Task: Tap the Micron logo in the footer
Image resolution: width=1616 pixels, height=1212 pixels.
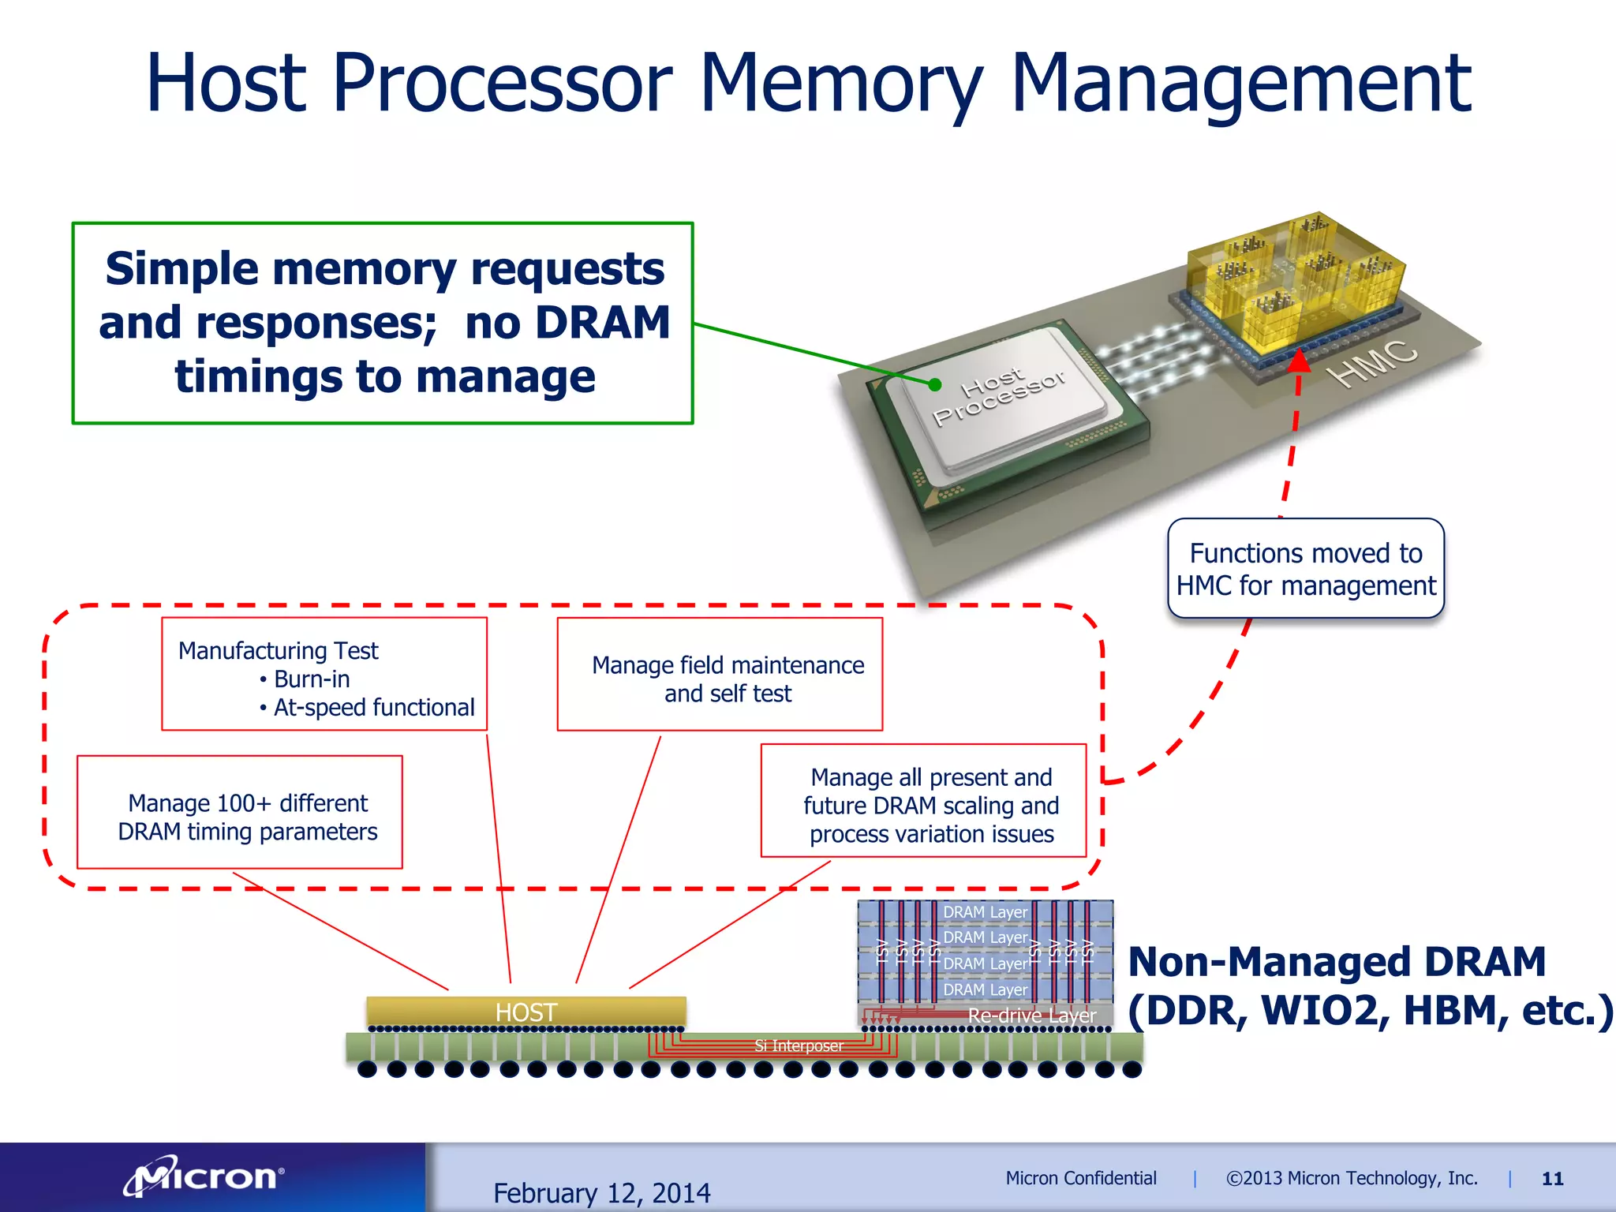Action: (204, 1178)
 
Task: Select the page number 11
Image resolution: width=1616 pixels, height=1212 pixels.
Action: (1552, 1179)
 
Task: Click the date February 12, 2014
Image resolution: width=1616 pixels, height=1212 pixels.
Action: (601, 1192)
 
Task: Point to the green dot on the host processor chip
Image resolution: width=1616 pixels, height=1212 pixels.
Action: (935, 385)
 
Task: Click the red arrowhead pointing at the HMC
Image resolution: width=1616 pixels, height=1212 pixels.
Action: (1299, 361)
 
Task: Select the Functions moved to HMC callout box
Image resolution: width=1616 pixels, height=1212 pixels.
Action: (1305, 569)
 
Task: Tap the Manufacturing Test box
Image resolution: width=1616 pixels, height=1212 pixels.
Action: (324, 674)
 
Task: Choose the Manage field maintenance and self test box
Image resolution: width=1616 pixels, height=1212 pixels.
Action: (720, 675)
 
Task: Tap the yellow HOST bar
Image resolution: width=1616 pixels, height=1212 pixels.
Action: (526, 1012)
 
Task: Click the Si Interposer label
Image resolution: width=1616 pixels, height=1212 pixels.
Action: (799, 1046)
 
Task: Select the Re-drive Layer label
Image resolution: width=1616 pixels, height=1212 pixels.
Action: (1031, 1016)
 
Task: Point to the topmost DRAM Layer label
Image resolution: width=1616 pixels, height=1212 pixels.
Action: (985, 912)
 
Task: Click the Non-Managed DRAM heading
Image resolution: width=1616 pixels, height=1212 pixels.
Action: (1337, 962)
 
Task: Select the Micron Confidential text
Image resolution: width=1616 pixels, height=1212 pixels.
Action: (1080, 1178)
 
